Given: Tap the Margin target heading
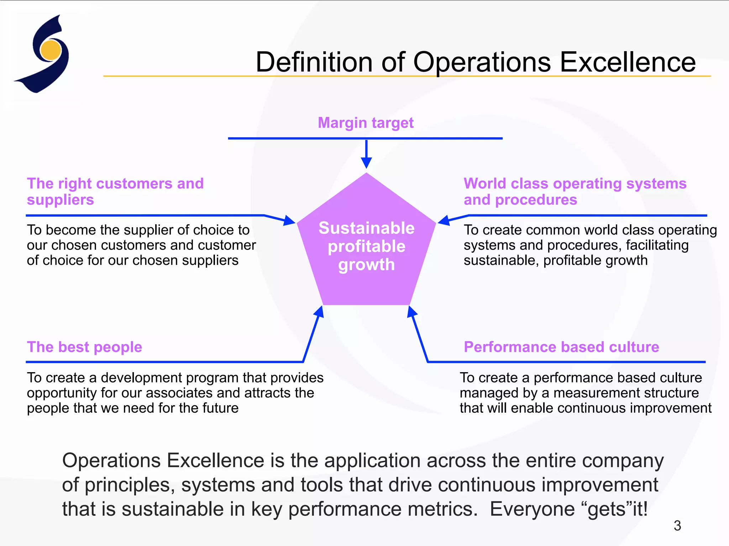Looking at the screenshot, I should pos(366,123).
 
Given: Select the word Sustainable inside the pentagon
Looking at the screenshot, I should pos(366,228).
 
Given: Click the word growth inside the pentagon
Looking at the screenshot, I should pos(366,265).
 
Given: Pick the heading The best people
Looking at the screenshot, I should pos(85,347).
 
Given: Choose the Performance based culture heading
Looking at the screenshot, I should pos(561,347).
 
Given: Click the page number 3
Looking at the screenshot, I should pos(677,526).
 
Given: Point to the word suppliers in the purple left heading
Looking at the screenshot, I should pos(61,200).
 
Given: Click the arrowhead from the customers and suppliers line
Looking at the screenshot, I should pos(289,221).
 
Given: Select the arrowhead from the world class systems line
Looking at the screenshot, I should pos(444,221).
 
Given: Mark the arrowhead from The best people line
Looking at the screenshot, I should pos(319,312).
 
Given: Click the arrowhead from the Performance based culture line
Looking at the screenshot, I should pos(412,312).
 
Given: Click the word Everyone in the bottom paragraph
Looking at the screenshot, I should pos(533,509).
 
